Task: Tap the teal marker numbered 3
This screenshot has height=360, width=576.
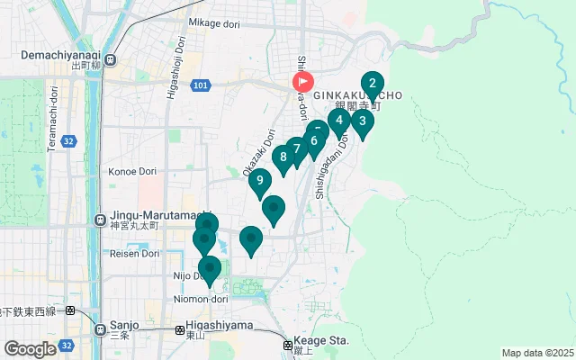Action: (x=362, y=121)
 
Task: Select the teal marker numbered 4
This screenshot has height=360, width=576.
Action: (x=338, y=121)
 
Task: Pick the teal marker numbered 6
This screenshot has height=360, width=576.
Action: (x=314, y=140)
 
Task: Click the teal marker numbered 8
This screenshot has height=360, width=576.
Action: (x=283, y=157)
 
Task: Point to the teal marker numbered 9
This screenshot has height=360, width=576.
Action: (x=260, y=181)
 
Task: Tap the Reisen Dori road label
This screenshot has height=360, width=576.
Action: (x=135, y=254)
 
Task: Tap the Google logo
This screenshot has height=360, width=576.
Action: (x=30, y=348)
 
